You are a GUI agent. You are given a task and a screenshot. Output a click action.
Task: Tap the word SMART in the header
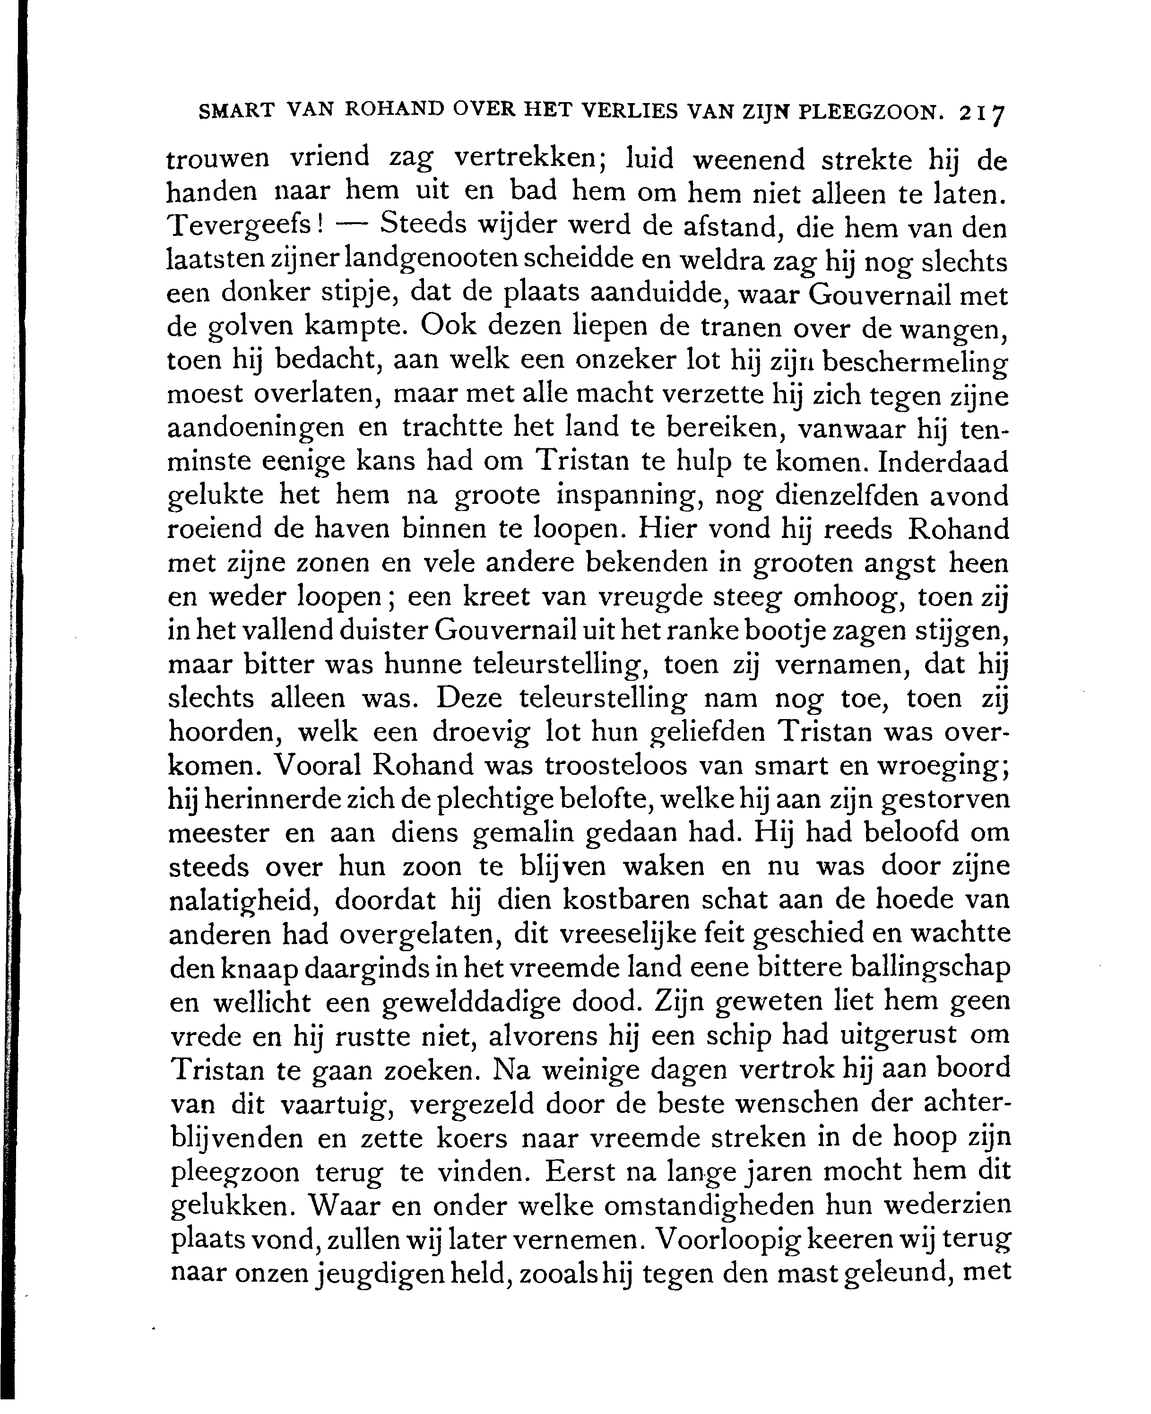(x=236, y=110)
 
